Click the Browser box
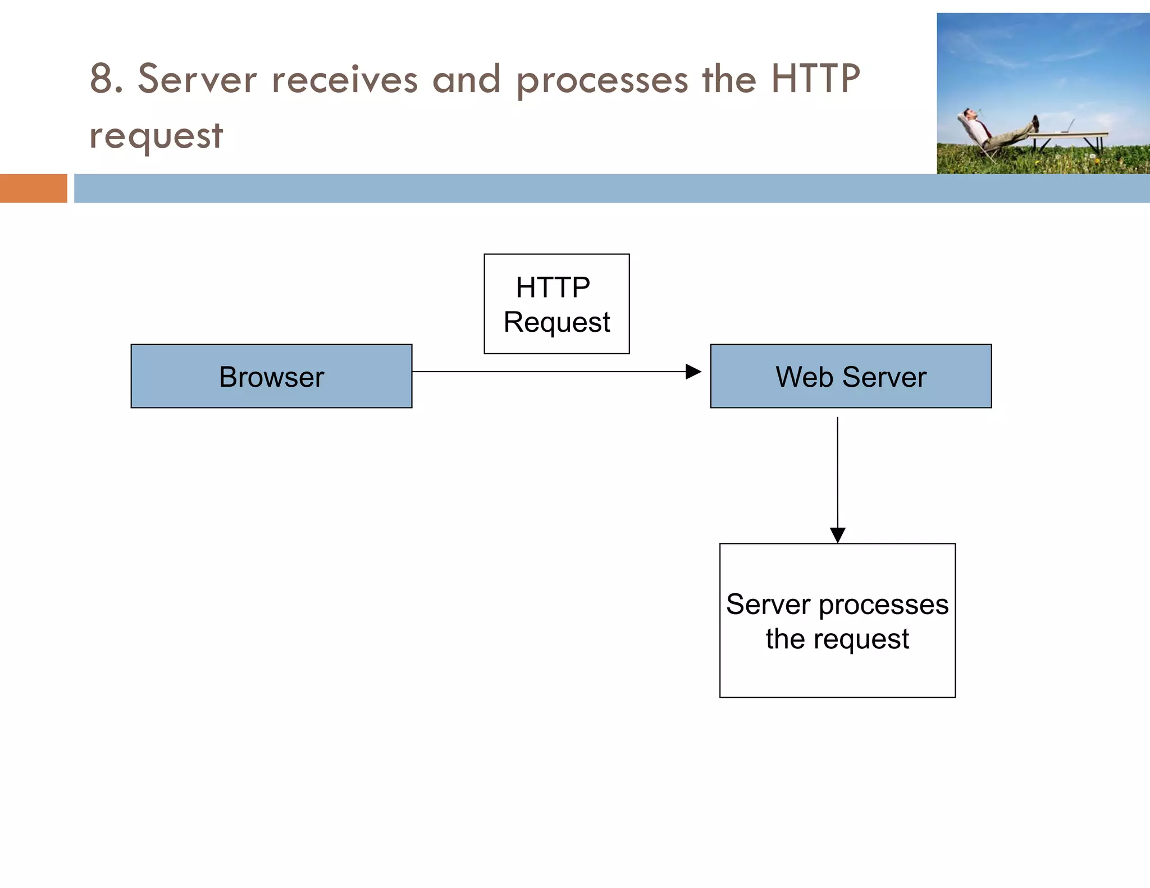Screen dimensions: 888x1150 271,376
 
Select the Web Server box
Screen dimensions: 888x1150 851,376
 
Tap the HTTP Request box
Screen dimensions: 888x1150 556,304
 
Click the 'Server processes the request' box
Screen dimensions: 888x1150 837,620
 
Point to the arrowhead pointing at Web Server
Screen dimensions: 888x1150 694,372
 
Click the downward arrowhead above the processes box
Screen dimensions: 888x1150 837,535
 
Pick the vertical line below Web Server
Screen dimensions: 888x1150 837,472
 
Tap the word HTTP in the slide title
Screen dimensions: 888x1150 815,79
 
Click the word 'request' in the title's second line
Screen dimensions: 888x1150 156,136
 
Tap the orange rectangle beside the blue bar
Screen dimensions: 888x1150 33,188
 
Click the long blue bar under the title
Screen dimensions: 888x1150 611,188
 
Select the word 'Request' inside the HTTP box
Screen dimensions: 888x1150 556,322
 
